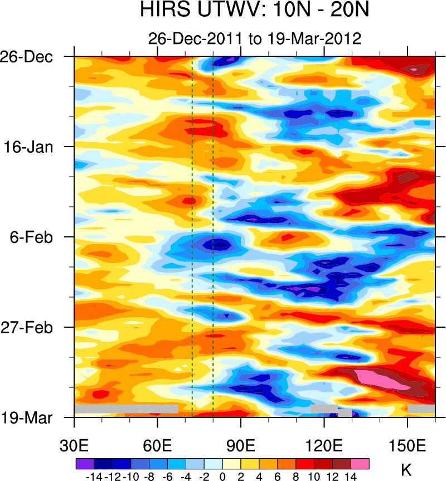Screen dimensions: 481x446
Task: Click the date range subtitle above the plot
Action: (x=254, y=38)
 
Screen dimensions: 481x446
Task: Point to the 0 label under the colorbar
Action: (x=222, y=477)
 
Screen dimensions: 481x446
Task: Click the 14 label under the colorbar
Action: (x=351, y=477)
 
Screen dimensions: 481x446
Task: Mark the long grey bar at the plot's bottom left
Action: (x=126, y=409)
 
